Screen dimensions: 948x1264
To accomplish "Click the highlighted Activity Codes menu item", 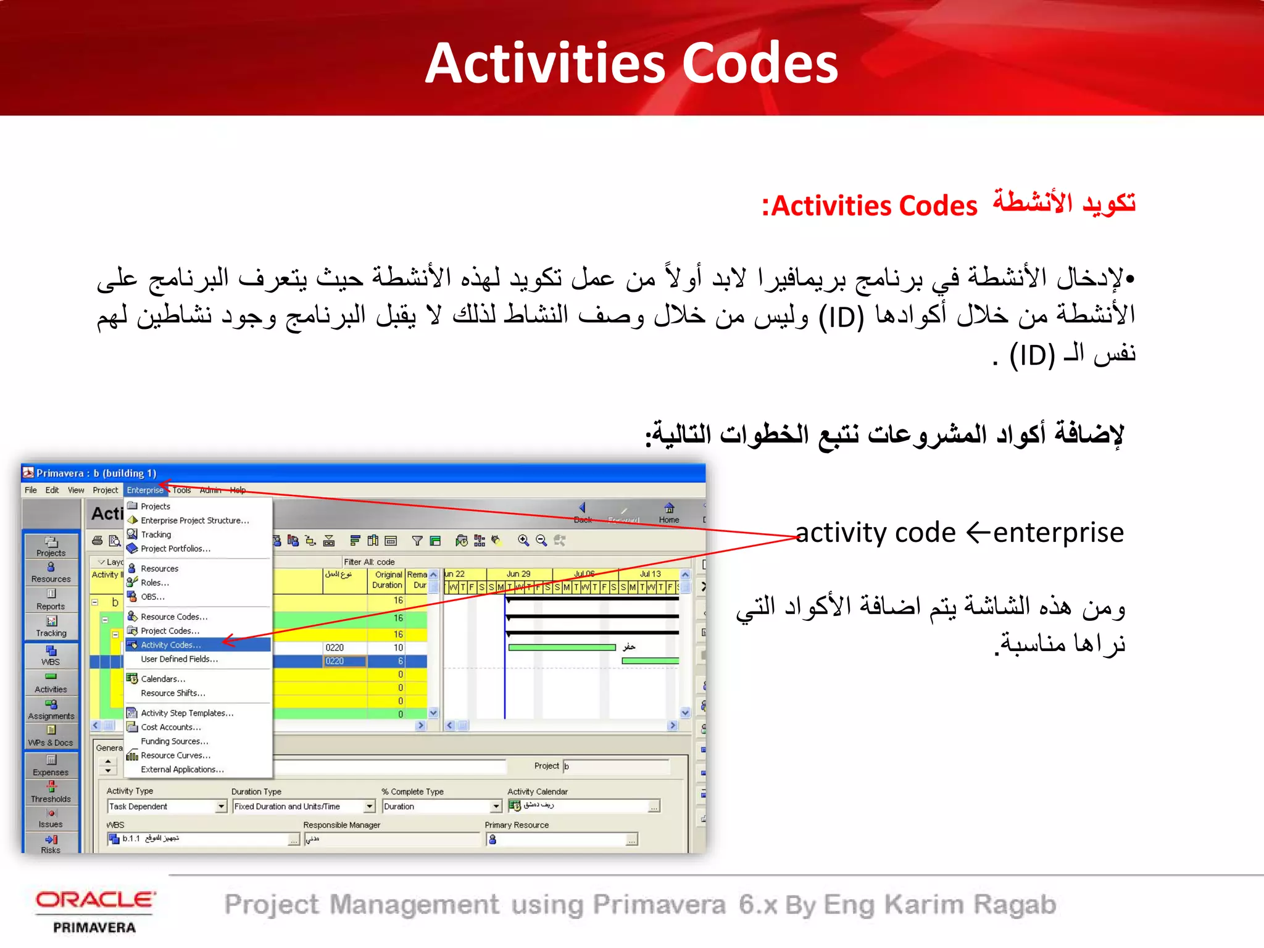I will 171,645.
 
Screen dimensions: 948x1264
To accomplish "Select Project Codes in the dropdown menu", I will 170,631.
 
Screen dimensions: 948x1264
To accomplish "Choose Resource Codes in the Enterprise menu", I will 174,617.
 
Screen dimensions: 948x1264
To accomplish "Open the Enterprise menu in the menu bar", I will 145,490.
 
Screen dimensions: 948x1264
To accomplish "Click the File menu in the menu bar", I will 31,490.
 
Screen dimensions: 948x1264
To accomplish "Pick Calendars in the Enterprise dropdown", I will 163,679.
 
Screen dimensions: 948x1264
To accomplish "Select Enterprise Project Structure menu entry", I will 195,520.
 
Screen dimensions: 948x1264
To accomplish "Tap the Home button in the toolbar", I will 669,512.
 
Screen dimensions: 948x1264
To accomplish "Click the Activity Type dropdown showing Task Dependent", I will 167,807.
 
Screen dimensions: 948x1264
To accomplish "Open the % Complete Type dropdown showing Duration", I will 442,807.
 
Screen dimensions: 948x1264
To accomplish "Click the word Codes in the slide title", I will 760,64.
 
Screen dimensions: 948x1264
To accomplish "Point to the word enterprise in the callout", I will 1058,533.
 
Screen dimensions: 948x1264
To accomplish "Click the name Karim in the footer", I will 924,905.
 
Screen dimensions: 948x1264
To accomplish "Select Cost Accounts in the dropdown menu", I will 170,727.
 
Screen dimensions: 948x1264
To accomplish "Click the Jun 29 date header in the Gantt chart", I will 518,574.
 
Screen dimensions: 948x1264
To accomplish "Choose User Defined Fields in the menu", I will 179,659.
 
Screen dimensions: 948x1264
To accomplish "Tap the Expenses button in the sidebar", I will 51,765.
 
